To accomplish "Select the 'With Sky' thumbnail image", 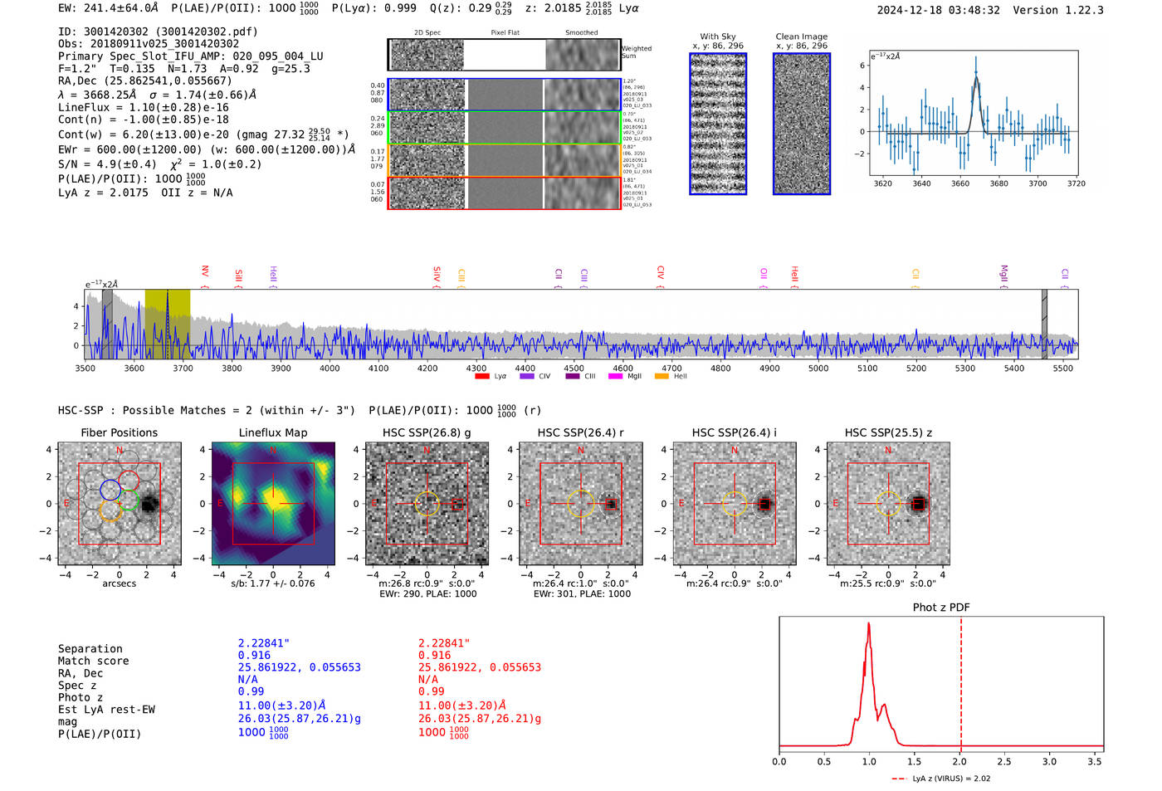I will (x=718, y=124).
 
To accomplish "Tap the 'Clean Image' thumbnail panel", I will (x=801, y=124).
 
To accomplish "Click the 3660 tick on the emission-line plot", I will (x=960, y=183).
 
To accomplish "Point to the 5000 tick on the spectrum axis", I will (x=818, y=368).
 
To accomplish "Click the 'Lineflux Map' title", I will (x=273, y=432).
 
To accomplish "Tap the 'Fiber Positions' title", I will (x=120, y=432).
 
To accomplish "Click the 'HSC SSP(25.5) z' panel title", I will (x=888, y=432).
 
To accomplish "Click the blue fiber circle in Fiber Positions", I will (x=110, y=489).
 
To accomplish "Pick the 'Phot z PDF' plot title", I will (x=941, y=608).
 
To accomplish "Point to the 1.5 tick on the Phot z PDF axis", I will (x=914, y=761).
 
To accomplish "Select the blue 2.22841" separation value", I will (x=264, y=643).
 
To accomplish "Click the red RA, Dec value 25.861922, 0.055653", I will (x=480, y=667).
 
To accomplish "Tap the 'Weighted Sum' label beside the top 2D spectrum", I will (x=637, y=52).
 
